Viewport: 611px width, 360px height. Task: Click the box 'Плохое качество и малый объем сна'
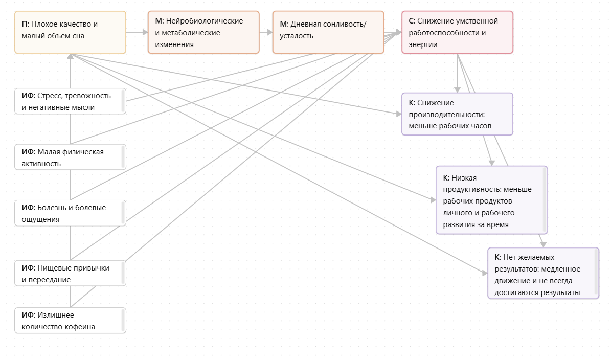click(x=70, y=32)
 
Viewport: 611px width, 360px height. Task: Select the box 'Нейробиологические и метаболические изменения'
click(x=203, y=32)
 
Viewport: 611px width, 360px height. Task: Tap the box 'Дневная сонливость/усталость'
click(x=328, y=32)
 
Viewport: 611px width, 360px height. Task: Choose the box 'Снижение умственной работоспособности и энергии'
click(x=457, y=32)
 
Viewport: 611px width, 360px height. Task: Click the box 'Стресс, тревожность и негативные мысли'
click(x=70, y=101)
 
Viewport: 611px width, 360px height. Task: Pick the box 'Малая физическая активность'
click(x=70, y=157)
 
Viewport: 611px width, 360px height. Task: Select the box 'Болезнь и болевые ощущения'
click(x=70, y=213)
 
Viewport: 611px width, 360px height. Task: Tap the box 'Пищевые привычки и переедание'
click(x=70, y=273)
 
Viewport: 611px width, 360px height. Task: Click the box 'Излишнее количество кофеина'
click(x=70, y=321)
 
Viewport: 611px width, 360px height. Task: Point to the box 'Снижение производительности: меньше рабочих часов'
click(x=457, y=114)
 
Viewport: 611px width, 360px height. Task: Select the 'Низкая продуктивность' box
click(x=491, y=200)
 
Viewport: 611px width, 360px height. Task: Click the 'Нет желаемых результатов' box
click(x=542, y=273)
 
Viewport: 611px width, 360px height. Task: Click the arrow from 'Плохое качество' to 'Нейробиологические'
click(x=137, y=32)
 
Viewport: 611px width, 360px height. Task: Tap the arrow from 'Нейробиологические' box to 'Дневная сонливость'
click(x=265, y=32)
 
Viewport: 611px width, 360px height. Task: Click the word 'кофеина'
click(x=80, y=327)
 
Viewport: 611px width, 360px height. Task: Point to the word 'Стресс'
click(x=50, y=96)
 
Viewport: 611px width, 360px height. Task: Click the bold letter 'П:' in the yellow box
click(x=26, y=24)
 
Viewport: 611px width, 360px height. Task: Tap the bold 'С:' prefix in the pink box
click(x=412, y=21)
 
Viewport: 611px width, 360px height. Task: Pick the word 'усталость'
click(x=297, y=36)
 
